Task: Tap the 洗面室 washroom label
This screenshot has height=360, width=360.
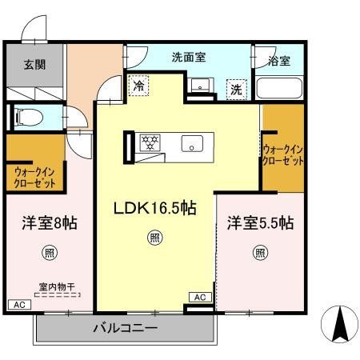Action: tap(189, 58)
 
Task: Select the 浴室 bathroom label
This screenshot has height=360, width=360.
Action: tap(280, 61)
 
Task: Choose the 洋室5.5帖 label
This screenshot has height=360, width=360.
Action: tap(261, 223)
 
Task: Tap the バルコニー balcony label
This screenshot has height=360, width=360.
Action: tap(125, 328)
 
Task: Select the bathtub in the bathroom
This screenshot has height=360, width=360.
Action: tap(280, 88)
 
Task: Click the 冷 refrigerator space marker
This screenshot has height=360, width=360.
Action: tap(140, 84)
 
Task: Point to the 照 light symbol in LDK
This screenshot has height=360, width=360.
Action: tap(152, 237)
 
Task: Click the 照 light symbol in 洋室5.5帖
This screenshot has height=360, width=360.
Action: tap(260, 254)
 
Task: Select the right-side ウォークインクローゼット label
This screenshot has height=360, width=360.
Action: tap(283, 154)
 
